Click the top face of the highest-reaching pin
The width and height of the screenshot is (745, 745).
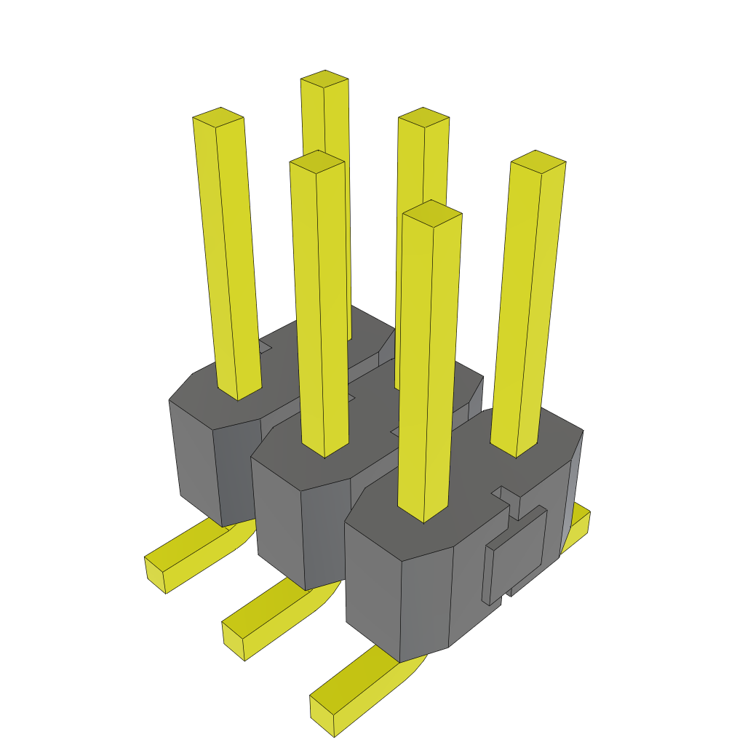pyautogui.click(x=324, y=79)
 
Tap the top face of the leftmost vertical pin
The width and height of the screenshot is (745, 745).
pyautogui.click(x=218, y=116)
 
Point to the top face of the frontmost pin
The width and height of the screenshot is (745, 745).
pyautogui.click(x=432, y=212)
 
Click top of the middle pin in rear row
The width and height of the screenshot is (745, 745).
pyautogui.click(x=423, y=116)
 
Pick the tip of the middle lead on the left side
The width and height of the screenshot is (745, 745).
pyautogui.click(x=234, y=640)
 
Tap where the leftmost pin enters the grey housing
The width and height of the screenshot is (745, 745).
pyautogui.click(x=239, y=393)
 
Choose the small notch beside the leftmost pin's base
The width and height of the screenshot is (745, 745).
pyautogui.click(x=265, y=348)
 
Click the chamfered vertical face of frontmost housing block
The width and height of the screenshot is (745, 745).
pyautogui.click(x=426, y=597)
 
